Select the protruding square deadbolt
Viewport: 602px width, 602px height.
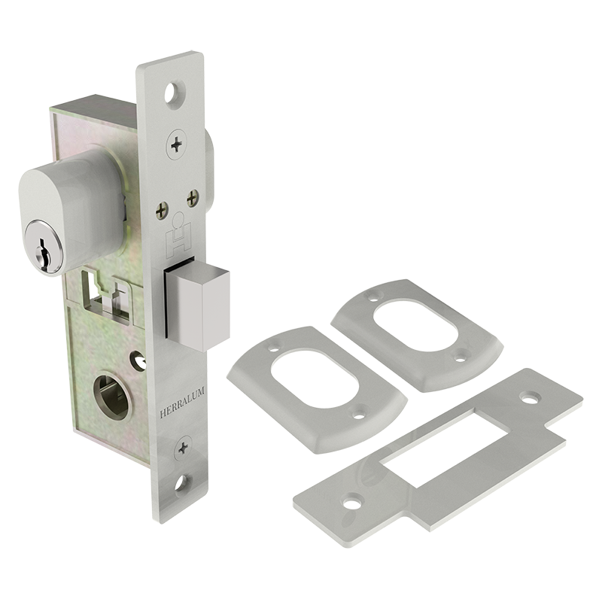(197, 304)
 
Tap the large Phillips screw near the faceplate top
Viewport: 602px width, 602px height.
(177, 144)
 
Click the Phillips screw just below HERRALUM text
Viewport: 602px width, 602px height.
(183, 448)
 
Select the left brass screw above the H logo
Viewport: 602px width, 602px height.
(162, 211)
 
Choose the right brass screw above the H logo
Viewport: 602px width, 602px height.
(193, 199)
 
